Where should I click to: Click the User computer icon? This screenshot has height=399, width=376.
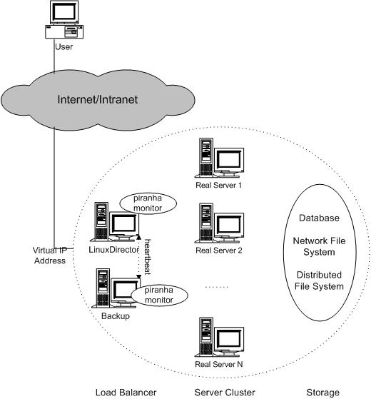tap(64, 19)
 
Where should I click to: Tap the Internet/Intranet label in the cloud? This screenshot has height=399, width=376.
tap(98, 99)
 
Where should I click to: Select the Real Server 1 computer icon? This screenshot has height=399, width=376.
tap(219, 158)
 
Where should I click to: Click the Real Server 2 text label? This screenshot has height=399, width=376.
tap(219, 251)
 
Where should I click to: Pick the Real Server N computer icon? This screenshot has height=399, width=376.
tap(219, 337)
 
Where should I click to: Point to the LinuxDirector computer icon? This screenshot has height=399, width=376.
tap(115, 222)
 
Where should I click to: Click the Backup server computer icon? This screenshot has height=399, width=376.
tap(116, 288)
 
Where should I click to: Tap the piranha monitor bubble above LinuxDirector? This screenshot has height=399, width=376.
tap(148, 203)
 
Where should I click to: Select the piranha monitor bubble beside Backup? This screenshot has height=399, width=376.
tap(159, 295)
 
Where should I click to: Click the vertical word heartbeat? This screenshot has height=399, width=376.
tap(148, 257)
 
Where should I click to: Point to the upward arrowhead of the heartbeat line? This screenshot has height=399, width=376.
tap(138, 237)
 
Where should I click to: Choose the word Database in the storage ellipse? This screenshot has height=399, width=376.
tap(319, 218)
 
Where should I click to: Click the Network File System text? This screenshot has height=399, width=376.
tap(319, 246)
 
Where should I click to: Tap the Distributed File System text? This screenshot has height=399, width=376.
tap(319, 281)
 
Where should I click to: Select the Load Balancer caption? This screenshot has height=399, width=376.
tap(126, 393)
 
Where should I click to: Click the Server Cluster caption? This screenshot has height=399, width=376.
tap(225, 393)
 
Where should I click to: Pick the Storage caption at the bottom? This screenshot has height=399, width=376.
tap(322, 393)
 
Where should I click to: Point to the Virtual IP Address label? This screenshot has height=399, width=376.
tap(50, 256)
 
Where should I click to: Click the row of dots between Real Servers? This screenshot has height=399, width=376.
tap(217, 287)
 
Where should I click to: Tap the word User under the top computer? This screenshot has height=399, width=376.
tap(63, 47)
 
